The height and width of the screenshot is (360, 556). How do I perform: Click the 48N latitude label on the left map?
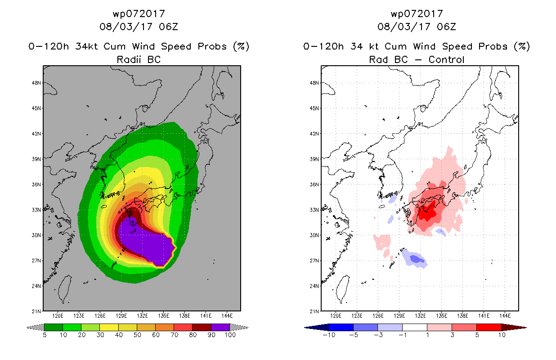point(36,83)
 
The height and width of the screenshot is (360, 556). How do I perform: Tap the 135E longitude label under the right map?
point(442,316)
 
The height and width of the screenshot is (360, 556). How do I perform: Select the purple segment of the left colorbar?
point(220,327)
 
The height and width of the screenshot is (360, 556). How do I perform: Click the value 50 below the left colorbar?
point(137,335)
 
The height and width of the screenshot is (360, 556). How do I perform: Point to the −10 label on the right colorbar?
point(329,335)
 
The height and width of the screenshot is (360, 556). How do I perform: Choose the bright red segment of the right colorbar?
point(489,327)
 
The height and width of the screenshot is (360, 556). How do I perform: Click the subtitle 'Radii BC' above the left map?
point(139,59)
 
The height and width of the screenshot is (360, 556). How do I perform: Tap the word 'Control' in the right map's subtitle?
point(446,59)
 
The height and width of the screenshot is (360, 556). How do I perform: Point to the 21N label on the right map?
point(314,311)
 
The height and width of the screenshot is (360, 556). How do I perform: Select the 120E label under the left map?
point(58,316)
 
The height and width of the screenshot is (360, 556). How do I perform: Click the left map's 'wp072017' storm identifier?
point(139,13)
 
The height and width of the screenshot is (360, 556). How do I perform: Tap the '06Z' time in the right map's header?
point(446,27)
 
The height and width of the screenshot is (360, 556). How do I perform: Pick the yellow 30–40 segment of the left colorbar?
point(109,327)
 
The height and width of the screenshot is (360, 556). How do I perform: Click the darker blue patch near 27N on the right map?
point(417,259)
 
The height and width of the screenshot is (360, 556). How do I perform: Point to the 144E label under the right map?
point(505,316)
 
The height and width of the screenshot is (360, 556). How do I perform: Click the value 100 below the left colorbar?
point(230,335)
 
